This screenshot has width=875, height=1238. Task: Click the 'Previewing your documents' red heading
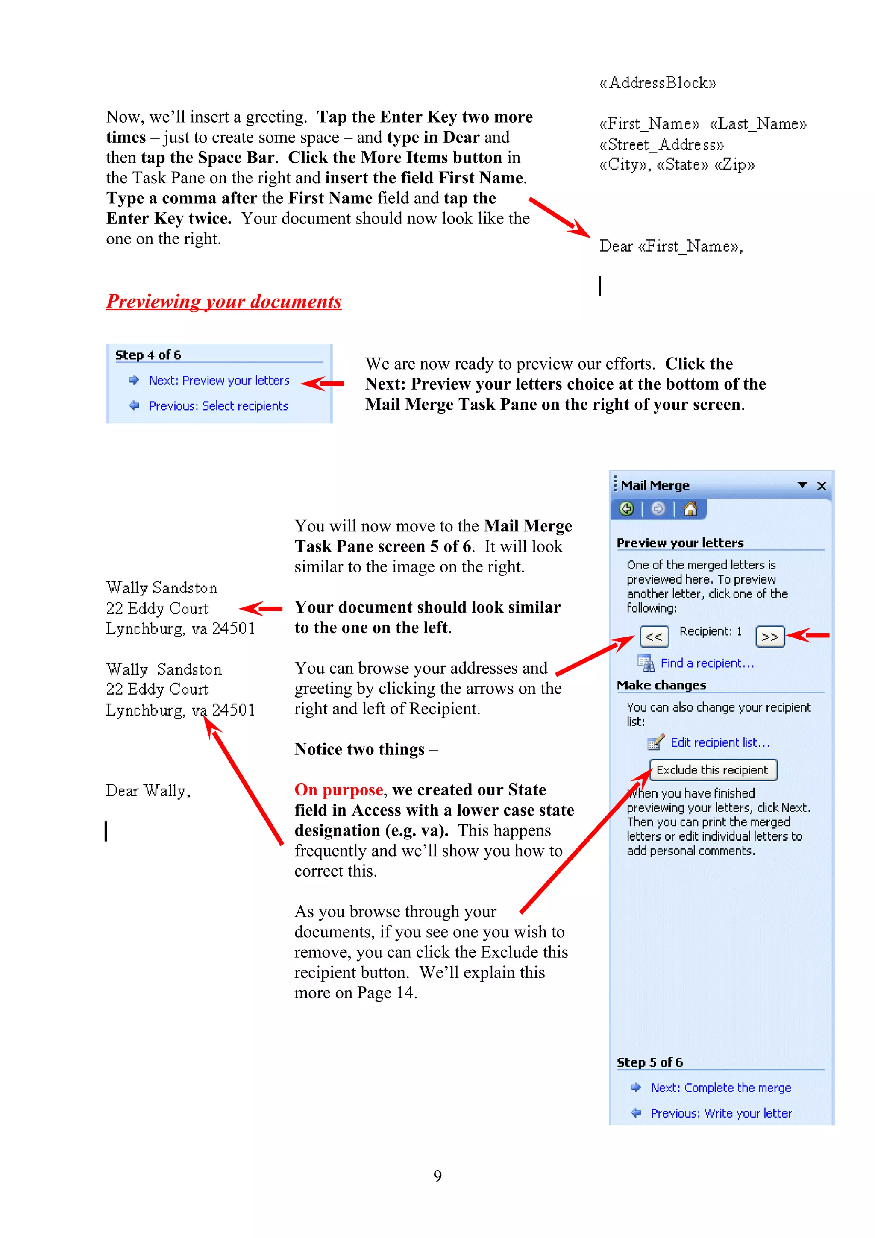click(x=224, y=302)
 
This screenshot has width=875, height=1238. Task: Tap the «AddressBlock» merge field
click(x=658, y=83)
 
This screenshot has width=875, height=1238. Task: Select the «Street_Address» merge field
click(x=661, y=144)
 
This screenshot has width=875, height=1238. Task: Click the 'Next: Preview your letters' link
click(x=219, y=381)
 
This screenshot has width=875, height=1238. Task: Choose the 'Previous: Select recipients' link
click(x=218, y=406)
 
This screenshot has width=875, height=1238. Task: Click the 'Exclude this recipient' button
click(x=713, y=770)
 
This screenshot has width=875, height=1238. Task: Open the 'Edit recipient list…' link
click(x=720, y=742)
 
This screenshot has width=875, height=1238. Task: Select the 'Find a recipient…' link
click(x=707, y=663)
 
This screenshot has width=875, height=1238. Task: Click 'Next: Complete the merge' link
click(x=721, y=1088)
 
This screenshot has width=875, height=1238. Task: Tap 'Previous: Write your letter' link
click(x=721, y=1113)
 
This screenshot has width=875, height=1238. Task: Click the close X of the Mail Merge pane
click(x=822, y=486)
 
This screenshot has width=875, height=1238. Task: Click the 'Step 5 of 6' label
click(x=650, y=1062)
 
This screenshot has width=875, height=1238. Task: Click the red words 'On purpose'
click(x=338, y=790)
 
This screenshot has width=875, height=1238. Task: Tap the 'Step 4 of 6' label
click(x=148, y=355)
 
